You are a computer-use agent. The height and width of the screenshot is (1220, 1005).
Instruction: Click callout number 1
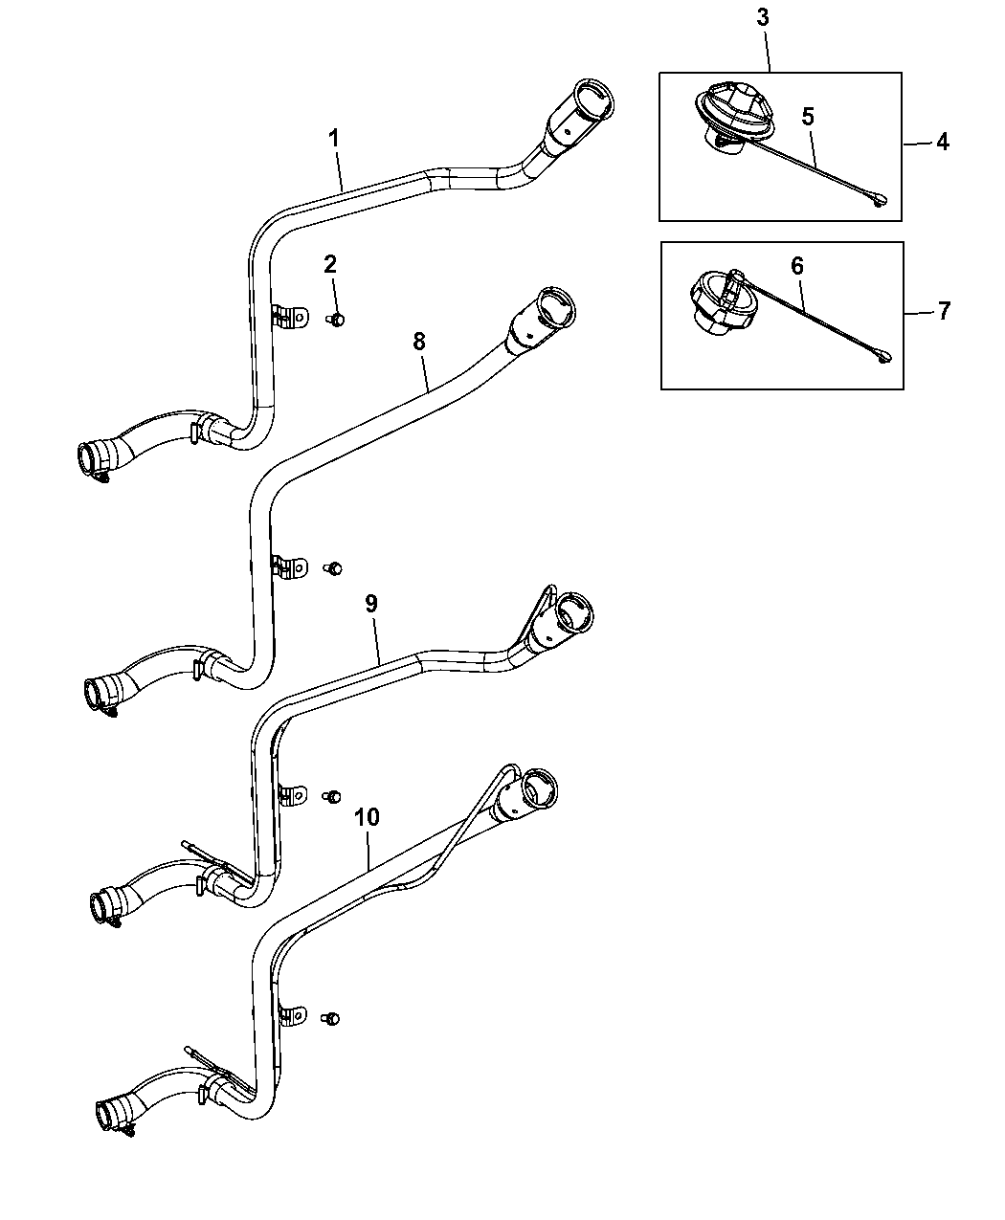pyautogui.click(x=333, y=139)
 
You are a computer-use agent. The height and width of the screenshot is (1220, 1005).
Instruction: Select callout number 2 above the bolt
pyautogui.click(x=330, y=265)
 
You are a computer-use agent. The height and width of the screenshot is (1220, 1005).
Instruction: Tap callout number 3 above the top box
pyautogui.click(x=762, y=17)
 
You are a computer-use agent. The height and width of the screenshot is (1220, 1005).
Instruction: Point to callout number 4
pyautogui.click(x=943, y=143)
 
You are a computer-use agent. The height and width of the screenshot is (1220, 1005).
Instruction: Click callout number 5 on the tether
pyautogui.click(x=808, y=117)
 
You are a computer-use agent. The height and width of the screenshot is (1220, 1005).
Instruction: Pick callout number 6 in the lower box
pyautogui.click(x=797, y=266)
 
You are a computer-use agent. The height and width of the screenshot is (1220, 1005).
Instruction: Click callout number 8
pyautogui.click(x=418, y=342)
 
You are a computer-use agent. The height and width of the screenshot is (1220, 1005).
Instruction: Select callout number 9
pyautogui.click(x=371, y=603)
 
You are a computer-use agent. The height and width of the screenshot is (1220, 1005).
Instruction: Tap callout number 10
pyautogui.click(x=368, y=817)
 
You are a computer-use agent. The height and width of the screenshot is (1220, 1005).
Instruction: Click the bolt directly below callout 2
pyautogui.click(x=336, y=320)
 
